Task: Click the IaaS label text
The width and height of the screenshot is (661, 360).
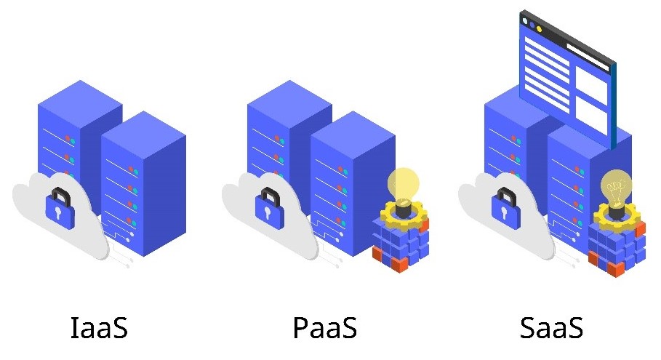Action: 99,328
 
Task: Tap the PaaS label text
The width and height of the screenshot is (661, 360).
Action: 324,328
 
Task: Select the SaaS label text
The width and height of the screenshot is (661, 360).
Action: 552,328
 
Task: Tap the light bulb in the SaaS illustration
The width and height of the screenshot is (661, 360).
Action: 616,186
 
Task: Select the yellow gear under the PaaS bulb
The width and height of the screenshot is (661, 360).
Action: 401,213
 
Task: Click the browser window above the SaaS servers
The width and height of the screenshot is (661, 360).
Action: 566,76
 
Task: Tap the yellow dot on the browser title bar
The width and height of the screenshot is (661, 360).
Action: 539,28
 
